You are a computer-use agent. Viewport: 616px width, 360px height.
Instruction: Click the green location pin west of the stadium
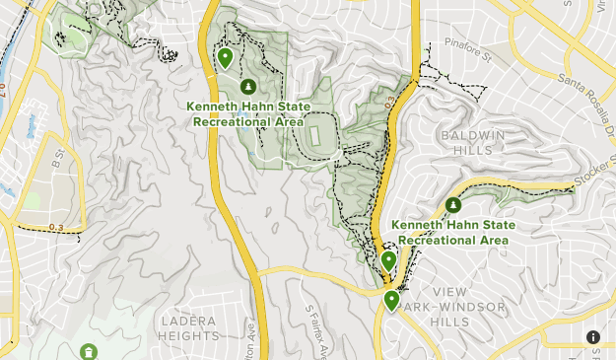click(x=226, y=59)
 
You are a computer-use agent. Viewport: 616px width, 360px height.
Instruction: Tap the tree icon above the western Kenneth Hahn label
click(x=246, y=87)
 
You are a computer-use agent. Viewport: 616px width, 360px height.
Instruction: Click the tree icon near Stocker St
click(x=452, y=205)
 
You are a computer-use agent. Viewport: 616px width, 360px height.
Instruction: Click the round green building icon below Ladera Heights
click(x=89, y=352)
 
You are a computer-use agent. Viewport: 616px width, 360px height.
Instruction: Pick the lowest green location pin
click(x=392, y=301)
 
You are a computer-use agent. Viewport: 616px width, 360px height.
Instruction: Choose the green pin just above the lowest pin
click(x=389, y=261)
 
